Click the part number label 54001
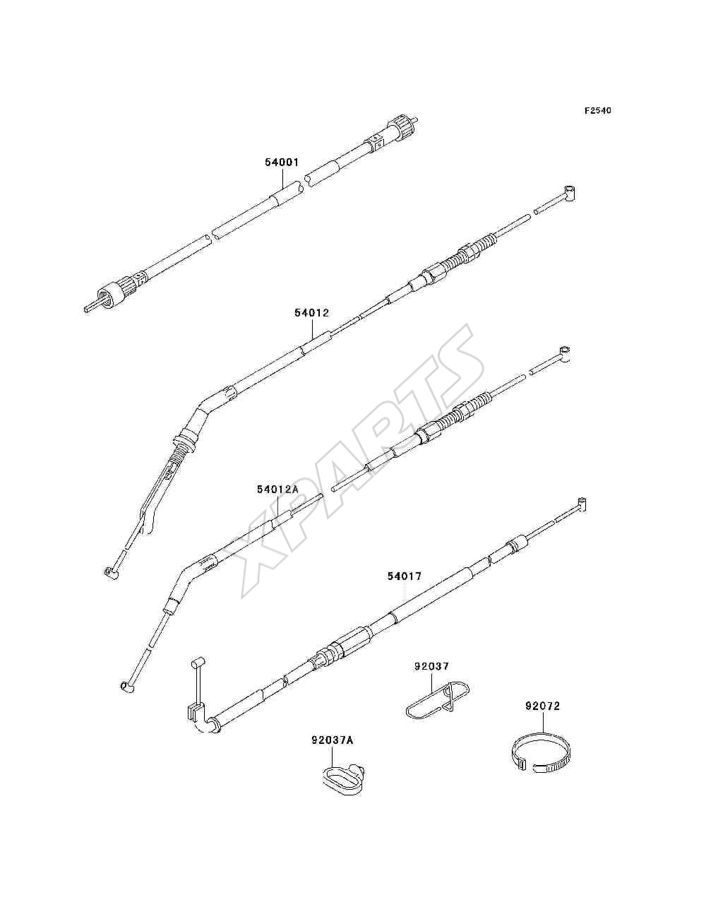click(282, 162)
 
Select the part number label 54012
click(311, 312)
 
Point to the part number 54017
click(405, 576)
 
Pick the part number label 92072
click(543, 706)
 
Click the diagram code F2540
click(597, 111)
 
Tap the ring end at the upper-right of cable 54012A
click(564, 353)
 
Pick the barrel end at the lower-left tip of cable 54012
click(110, 572)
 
